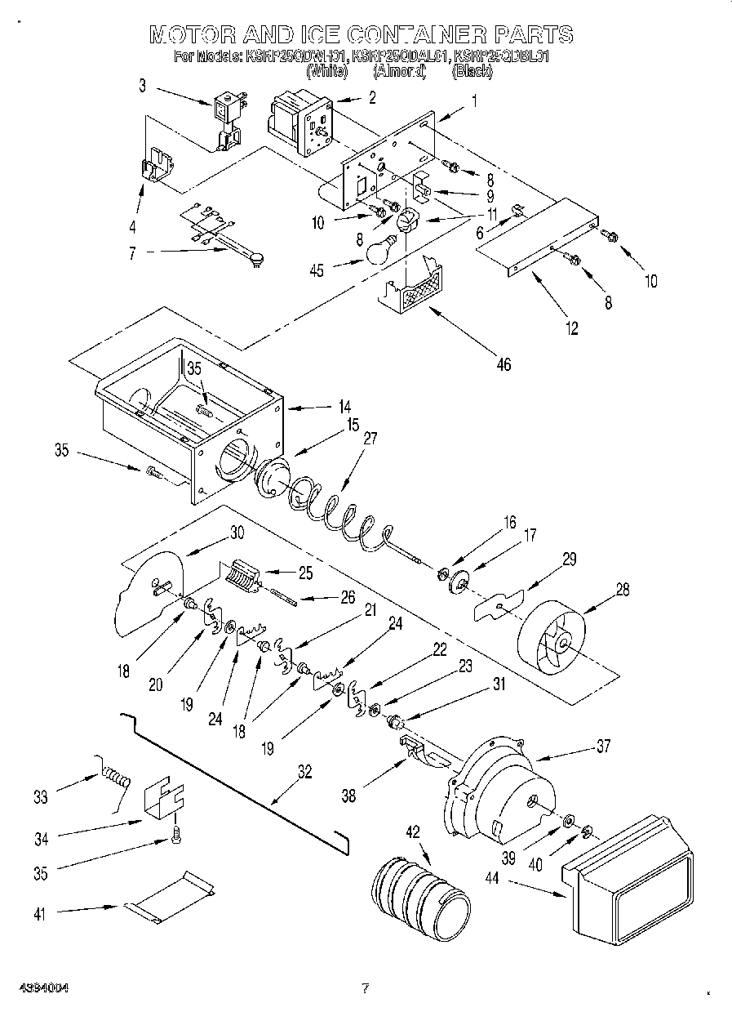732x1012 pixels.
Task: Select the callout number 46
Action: pos(504,364)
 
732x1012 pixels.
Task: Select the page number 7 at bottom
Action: pos(366,989)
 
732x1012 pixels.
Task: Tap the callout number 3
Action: pos(142,84)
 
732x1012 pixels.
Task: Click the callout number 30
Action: pos(237,531)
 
